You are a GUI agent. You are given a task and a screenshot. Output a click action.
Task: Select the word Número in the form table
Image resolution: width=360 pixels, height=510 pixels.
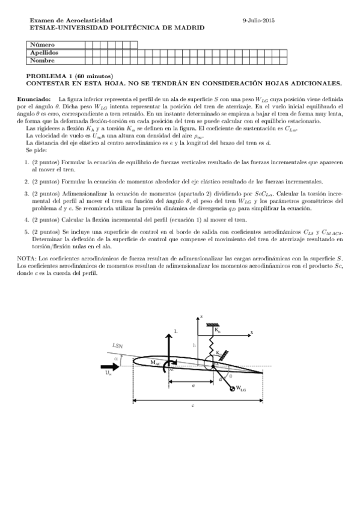(x=42, y=45)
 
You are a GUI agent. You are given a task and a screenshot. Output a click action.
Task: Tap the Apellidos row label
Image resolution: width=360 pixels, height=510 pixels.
(x=44, y=52)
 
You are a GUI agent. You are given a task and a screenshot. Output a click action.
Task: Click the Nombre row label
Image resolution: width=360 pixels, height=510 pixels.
(x=41, y=60)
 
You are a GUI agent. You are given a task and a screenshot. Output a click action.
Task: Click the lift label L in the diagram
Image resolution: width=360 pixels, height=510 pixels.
(x=175, y=331)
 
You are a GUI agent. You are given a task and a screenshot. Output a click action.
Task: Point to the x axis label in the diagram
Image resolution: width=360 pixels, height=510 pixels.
(x=252, y=332)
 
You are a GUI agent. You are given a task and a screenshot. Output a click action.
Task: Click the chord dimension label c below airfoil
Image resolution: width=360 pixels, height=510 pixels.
(x=192, y=405)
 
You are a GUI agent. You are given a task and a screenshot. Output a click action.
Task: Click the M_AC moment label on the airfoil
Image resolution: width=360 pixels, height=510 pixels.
(x=156, y=363)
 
